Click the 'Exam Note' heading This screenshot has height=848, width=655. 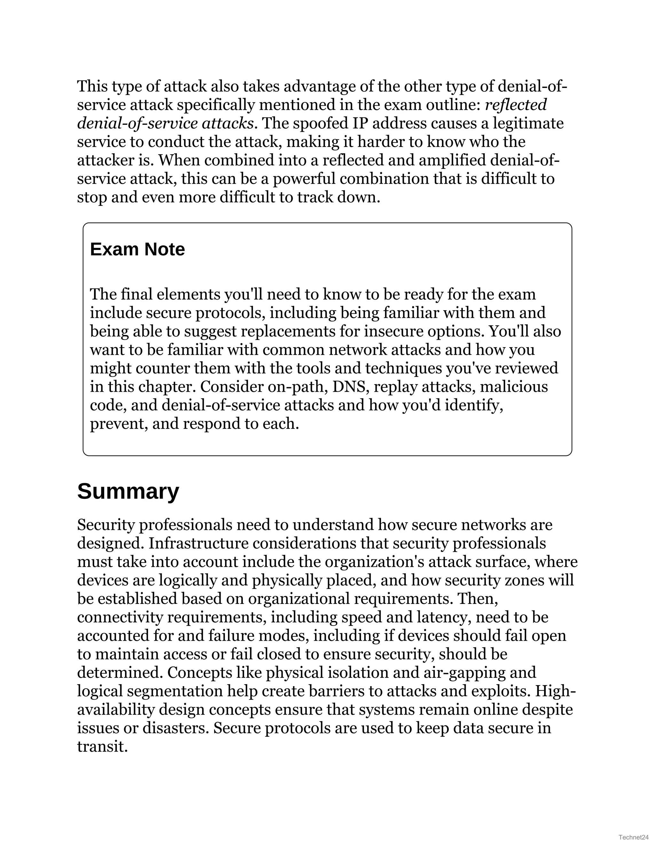(x=137, y=249)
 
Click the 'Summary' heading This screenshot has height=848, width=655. (x=128, y=491)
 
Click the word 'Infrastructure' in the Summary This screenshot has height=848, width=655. (x=198, y=543)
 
